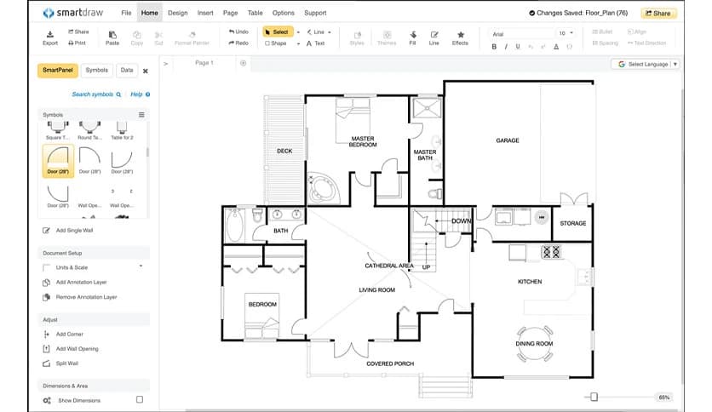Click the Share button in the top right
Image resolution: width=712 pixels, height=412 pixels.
coord(659,13)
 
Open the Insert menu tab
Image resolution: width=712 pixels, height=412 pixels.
coord(205,13)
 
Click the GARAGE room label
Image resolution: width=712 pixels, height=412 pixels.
coord(508,140)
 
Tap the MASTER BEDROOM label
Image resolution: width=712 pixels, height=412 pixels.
coord(362,141)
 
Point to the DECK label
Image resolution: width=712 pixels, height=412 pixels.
coord(284,152)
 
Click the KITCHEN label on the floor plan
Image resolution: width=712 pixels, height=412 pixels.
coord(530,282)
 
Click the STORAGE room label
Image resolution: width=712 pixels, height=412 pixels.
coord(572,223)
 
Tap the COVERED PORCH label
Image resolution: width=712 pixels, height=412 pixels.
coord(390,363)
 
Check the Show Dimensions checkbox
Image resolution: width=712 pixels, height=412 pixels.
coord(140,399)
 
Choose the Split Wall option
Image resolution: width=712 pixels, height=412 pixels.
coord(67,363)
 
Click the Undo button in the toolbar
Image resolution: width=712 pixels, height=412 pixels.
coord(238,32)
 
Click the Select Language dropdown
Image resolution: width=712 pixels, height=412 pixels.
coord(648,64)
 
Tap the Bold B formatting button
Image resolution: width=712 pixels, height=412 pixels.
coord(494,47)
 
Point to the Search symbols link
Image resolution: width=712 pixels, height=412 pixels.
coord(95,94)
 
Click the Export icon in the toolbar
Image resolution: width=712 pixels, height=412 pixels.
coord(50,37)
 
